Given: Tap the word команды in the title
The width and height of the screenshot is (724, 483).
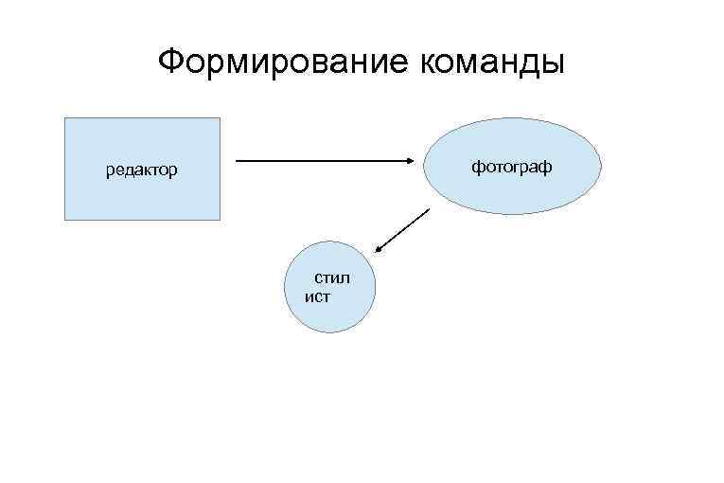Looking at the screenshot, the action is pyautogui.click(x=489, y=63).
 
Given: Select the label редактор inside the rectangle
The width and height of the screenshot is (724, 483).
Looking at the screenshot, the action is pyautogui.click(x=141, y=171).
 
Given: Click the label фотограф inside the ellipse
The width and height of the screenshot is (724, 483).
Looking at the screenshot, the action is pyautogui.click(x=512, y=167).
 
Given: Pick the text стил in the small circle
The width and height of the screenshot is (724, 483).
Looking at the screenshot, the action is pyautogui.click(x=332, y=278).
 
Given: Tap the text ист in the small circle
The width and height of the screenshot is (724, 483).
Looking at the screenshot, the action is pyautogui.click(x=318, y=296).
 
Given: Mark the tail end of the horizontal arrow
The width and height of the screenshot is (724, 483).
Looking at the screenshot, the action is pyautogui.click(x=237, y=161).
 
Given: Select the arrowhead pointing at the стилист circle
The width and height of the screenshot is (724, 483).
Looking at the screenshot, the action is pyautogui.click(x=378, y=250).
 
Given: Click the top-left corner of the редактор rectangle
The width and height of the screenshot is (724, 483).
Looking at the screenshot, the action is pyautogui.click(x=64, y=118).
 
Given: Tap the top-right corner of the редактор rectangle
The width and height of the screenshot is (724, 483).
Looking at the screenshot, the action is pyautogui.click(x=220, y=118).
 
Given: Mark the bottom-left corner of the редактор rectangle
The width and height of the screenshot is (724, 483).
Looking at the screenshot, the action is pyautogui.click(x=64, y=220).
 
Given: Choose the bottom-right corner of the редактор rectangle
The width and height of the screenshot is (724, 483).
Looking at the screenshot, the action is pyautogui.click(x=220, y=220).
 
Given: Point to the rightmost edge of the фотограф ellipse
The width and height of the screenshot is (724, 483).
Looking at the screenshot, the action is pyautogui.click(x=600, y=167).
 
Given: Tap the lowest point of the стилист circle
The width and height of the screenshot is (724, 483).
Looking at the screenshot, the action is pyautogui.click(x=331, y=331).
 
